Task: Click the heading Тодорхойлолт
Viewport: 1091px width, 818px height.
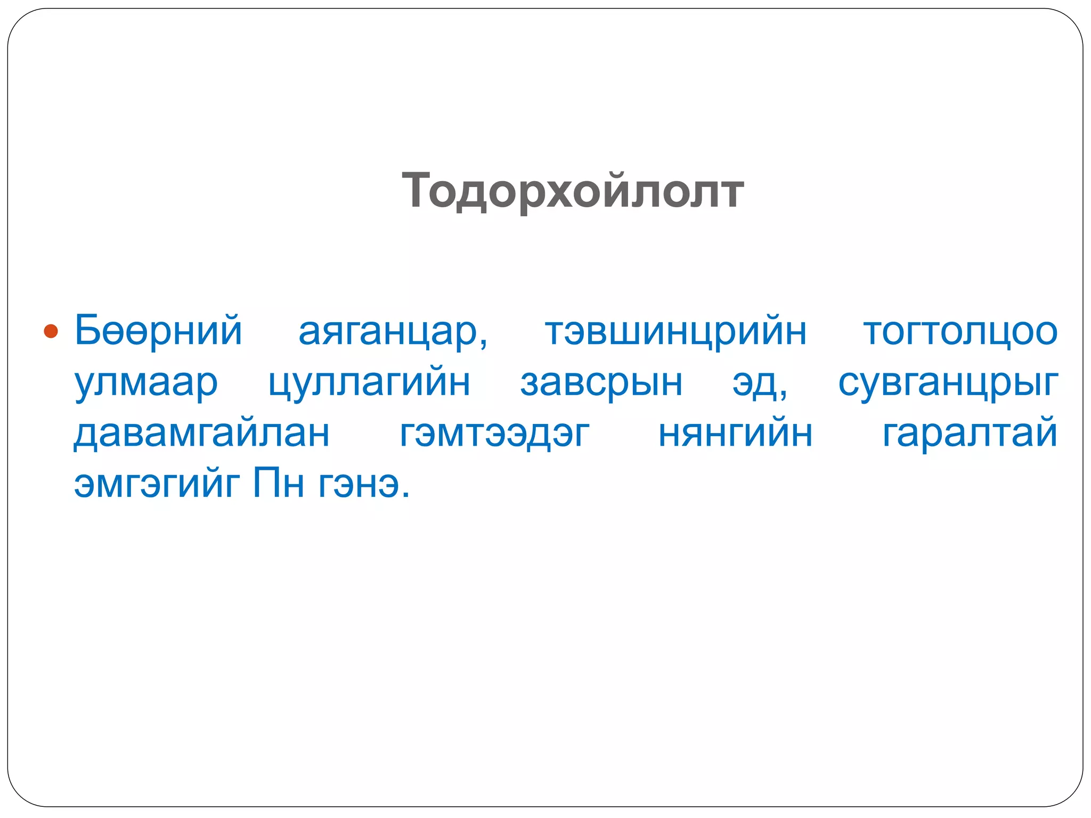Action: (573, 191)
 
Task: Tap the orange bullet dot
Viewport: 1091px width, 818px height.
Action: (51, 331)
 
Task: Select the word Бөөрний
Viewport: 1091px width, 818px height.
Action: (158, 330)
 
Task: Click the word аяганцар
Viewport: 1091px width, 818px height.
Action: (388, 332)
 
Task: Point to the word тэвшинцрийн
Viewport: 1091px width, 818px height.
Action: (675, 332)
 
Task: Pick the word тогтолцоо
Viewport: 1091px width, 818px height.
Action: (960, 332)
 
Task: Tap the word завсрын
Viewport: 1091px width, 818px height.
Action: (601, 382)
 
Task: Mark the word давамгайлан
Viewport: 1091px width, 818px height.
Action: (201, 434)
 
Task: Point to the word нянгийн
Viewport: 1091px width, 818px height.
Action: (735, 434)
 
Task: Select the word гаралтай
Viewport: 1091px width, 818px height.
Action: (970, 433)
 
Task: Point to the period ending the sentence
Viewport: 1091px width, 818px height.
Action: (406, 495)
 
